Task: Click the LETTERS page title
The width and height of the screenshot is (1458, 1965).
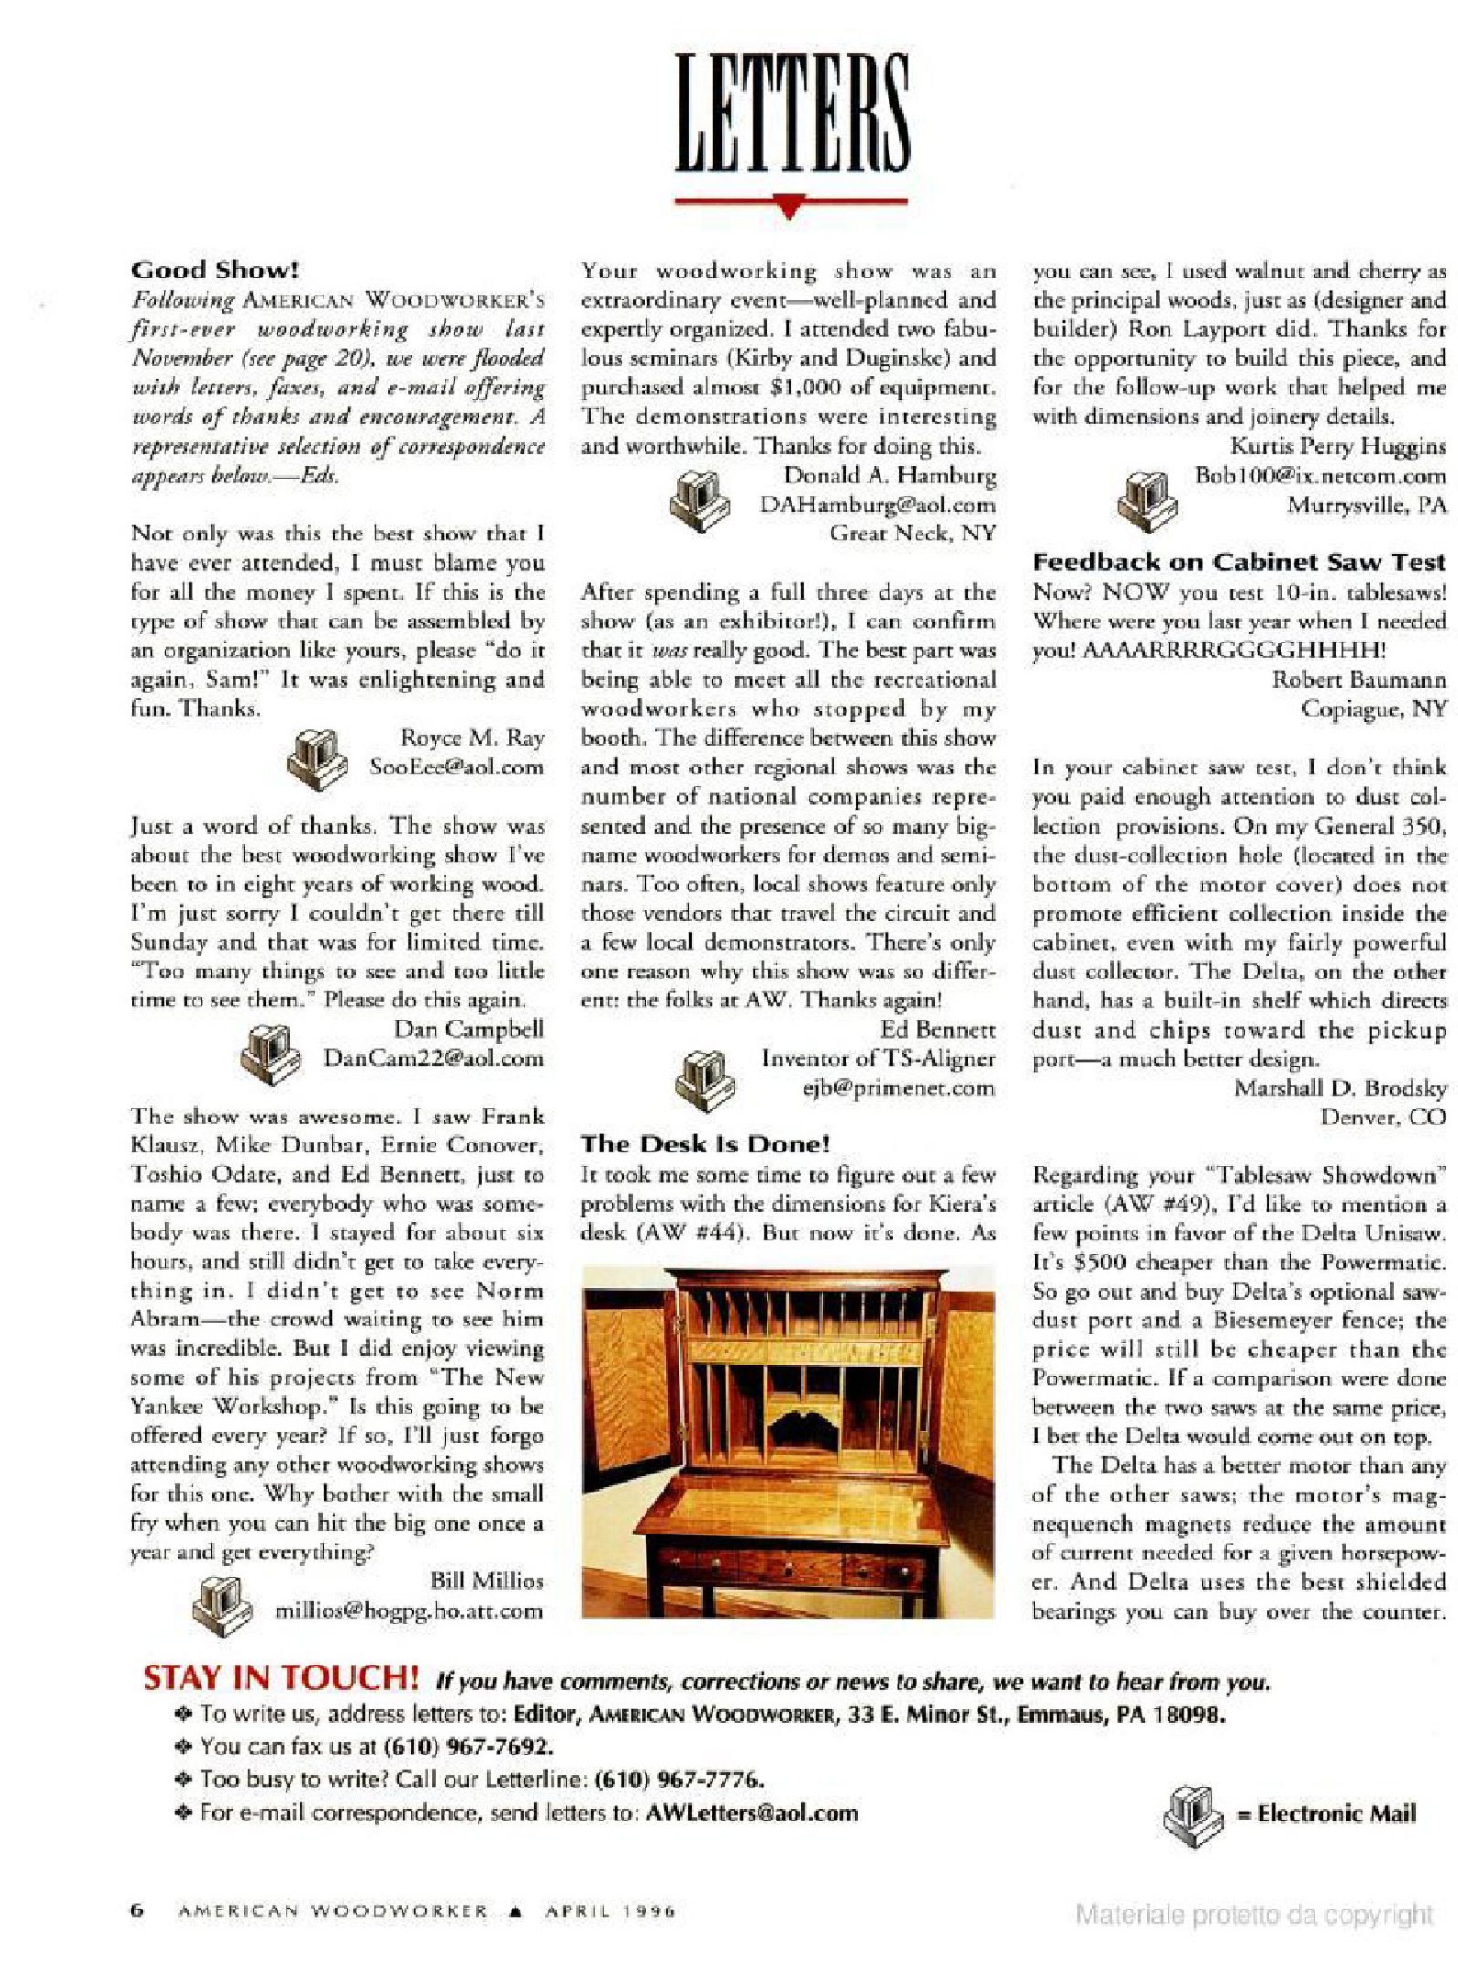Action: click(x=792, y=114)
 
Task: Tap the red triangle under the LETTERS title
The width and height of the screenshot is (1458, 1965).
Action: click(x=789, y=208)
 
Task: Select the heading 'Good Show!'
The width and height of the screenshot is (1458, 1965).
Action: click(x=215, y=270)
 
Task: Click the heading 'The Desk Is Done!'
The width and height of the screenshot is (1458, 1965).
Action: click(x=705, y=1144)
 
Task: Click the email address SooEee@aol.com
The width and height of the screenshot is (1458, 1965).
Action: click(x=456, y=767)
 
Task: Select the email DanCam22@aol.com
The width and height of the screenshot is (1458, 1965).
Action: click(x=433, y=1058)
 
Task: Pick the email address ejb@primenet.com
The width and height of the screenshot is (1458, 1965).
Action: click(x=898, y=1088)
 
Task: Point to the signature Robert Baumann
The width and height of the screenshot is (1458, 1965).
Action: click(x=1358, y=680)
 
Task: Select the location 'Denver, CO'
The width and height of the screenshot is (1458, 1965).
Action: click(x=1383, y=1116)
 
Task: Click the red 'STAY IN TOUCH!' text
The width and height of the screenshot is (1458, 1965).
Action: click(x=281, y=1678)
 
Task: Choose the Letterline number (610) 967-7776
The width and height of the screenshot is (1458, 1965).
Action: click(x=679, y=1780)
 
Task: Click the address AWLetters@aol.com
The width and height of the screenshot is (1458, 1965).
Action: click(x=751, y=1813)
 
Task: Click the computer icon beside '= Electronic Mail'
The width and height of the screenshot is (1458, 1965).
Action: click(x=1192, y=1813)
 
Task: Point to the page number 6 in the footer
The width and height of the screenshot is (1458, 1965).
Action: click(x=138, y=1912)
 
